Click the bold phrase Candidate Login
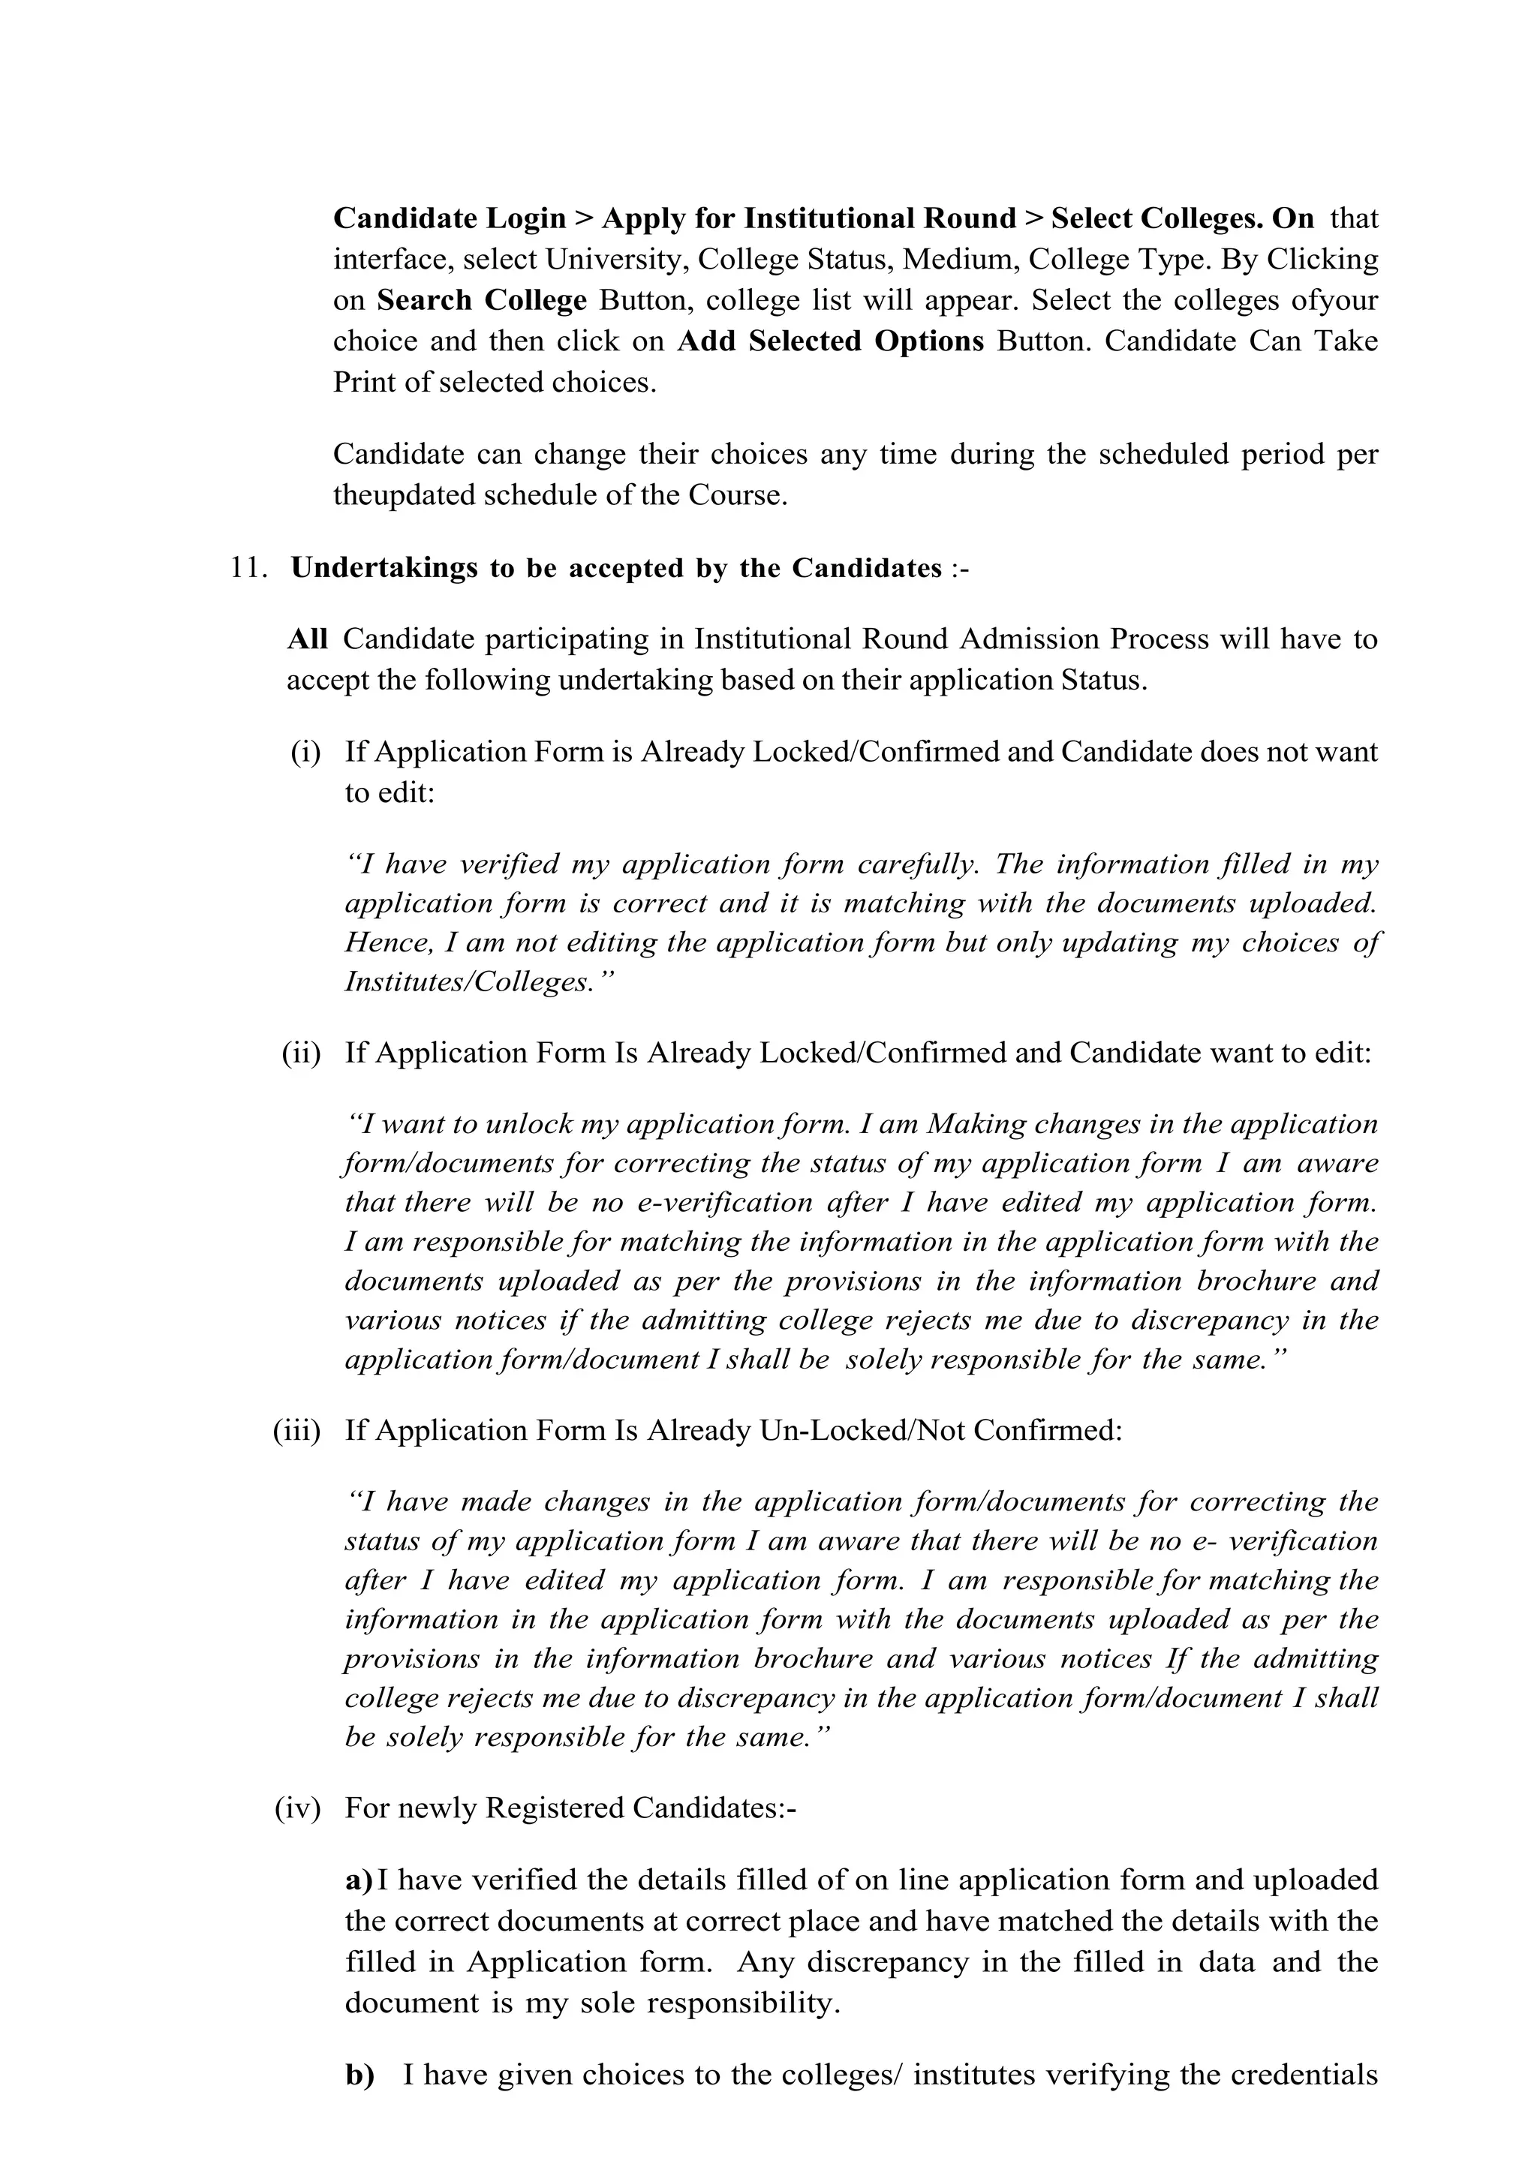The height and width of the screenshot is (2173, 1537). coord(450,218)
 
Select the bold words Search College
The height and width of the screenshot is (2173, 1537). coord(482,301)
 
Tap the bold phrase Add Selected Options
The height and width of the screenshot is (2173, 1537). coord(830,341)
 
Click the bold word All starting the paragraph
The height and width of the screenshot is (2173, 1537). coord(307,640)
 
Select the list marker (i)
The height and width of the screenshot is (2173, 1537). coord(305,753)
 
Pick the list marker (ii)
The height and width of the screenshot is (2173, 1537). coord(301,1053)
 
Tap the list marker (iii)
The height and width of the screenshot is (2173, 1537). coord(297,1430)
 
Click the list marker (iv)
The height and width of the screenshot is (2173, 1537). coord(298,1808)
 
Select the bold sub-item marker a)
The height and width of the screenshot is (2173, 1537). coord(359,1880)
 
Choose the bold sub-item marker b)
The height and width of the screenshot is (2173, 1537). coord(359,2076)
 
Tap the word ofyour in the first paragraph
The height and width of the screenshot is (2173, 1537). coord(1334,301)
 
